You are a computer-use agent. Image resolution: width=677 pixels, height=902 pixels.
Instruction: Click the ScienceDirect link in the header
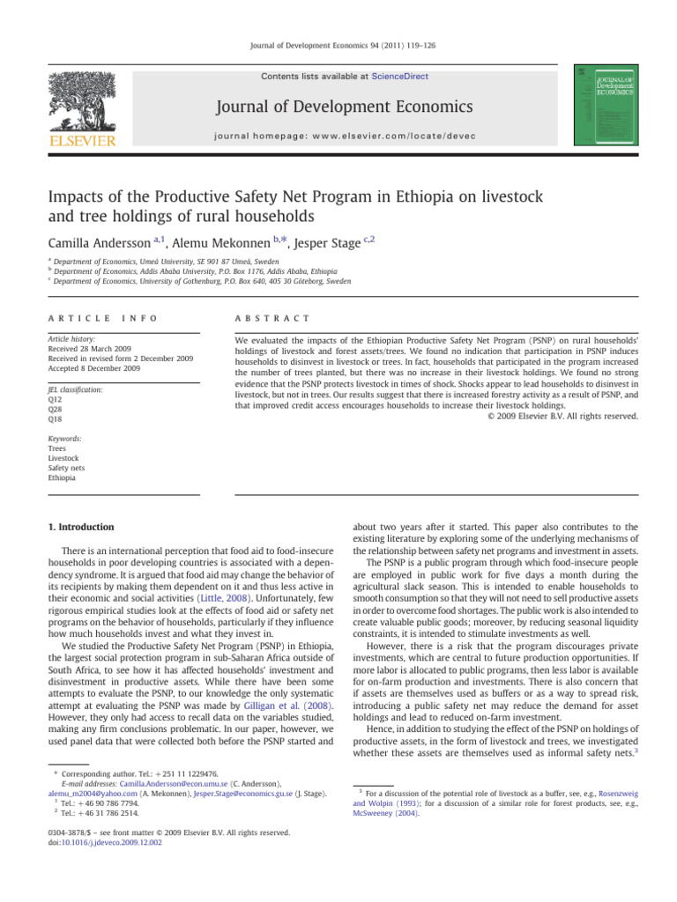pos(401,77)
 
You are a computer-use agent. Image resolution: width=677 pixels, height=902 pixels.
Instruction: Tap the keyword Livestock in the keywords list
pos(62,458)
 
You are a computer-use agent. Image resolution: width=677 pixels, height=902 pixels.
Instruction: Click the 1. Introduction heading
pos(80,528)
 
